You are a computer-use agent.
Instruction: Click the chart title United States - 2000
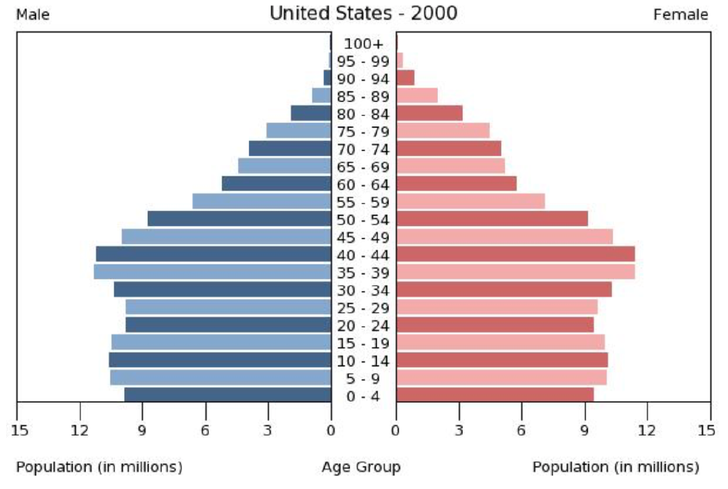[363, 13]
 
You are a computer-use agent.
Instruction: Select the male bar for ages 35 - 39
[212, 272]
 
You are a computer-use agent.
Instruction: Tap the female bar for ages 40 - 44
[515, 254]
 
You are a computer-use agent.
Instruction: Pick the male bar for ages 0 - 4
[228, 395]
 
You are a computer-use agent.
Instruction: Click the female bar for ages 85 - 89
[417, 96]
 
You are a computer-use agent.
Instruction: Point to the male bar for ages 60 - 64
[276, 184]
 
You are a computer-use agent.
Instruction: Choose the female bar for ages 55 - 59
[470, 201]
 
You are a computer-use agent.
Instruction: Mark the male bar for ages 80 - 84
[311, 113]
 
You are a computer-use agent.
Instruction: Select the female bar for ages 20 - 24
[495, 325]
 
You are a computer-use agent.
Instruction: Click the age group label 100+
[363, 44]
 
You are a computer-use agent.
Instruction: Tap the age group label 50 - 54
[363, 220]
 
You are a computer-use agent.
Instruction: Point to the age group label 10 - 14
[363, 361]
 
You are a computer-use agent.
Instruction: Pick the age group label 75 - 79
[363, 132]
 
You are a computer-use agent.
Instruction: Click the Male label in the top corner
[33, 15]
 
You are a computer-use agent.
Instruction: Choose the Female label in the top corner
[681, 15]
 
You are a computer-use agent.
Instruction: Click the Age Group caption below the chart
[361, 467]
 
